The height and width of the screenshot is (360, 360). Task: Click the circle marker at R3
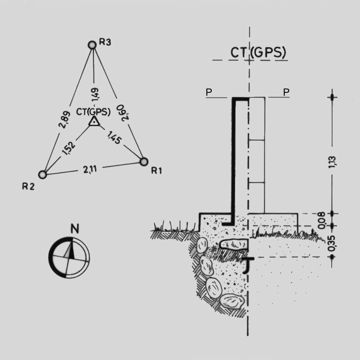(x=92, y=45)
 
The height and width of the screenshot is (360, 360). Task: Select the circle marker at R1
(x=144, y=161)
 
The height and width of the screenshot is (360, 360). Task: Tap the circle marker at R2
(x=42, y=175)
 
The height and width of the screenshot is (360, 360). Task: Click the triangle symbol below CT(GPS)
(x=94, y=122)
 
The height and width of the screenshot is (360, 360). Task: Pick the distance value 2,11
(x=90, y=169)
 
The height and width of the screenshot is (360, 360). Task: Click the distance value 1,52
(x=68, y=148)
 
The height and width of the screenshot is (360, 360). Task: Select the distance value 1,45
(x=114, y=137)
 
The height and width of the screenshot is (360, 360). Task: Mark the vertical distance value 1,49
(x=95, y=94)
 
